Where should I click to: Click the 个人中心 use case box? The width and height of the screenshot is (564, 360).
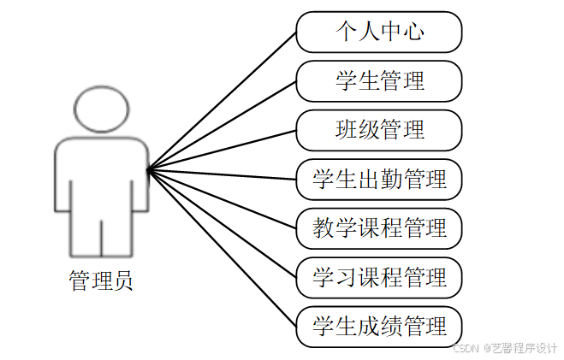[379, 32]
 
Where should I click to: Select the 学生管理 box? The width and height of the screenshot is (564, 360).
[379, 81]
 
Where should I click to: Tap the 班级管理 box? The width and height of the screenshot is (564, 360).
[379, 130]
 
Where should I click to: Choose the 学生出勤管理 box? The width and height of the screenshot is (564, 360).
[379, 180]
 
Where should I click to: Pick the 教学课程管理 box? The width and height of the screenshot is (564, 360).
[379, 228]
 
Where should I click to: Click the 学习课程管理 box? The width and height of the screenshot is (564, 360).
[379, 277]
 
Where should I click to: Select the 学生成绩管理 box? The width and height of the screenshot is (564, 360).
[379, 326]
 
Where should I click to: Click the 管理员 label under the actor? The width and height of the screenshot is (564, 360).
[101, 280]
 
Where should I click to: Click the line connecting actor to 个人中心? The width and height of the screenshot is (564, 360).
[223, 101]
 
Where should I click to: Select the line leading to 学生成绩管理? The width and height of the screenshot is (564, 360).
[223, 248]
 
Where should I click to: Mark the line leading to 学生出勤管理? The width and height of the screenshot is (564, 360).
[223, 174]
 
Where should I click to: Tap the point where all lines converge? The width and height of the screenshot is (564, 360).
[148, 169]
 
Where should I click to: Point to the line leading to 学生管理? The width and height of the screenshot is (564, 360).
[223, 125]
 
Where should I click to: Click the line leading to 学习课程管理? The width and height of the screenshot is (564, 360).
[223, 223]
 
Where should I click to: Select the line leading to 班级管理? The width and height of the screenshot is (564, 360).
[223, 150]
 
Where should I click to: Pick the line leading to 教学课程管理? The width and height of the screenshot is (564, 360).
[223, 199]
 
